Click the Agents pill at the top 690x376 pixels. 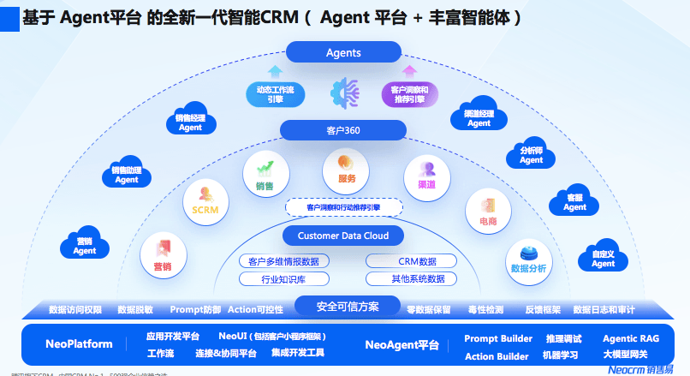pos(343,53)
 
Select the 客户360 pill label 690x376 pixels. pos(342,130)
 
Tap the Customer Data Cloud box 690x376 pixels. pos(342,236)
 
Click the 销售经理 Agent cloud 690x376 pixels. pos(190,122)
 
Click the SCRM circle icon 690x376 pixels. pos(205,200)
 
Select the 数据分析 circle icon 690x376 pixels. pos(528,260)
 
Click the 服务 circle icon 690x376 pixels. pos(346,170)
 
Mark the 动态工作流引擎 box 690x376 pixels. pos(275,93)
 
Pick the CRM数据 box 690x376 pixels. pos(417,261)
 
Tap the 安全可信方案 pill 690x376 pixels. pos(347,306)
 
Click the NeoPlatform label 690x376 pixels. pos(79,344)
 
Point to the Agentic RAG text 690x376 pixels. pos(632,338)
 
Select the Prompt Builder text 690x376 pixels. pos(497,338)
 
